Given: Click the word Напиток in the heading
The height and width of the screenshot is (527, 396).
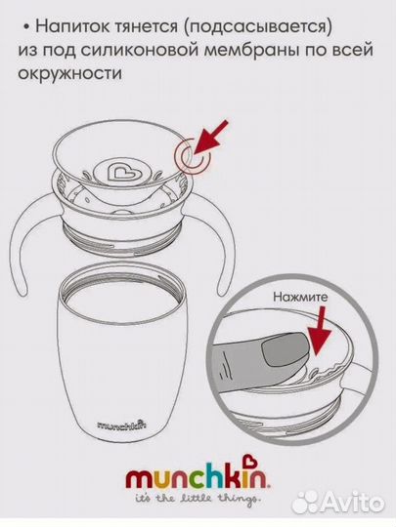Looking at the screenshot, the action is [73, 26].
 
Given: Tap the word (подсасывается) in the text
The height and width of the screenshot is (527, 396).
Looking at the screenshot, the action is [258, 28].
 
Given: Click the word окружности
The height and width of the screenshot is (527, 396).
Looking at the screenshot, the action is [69, 73].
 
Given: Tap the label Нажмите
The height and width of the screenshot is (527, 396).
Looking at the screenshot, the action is [300, 297].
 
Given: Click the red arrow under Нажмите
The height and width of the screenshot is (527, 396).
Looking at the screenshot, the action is [320, 331].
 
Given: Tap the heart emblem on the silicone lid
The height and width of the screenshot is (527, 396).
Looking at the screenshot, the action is [118, 173].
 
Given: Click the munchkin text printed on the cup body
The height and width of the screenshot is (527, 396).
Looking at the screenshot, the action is [121, 425].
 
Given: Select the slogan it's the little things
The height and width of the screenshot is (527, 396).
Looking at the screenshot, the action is [198, 498].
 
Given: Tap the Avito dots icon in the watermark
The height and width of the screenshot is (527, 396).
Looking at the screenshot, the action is [305, 503].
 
